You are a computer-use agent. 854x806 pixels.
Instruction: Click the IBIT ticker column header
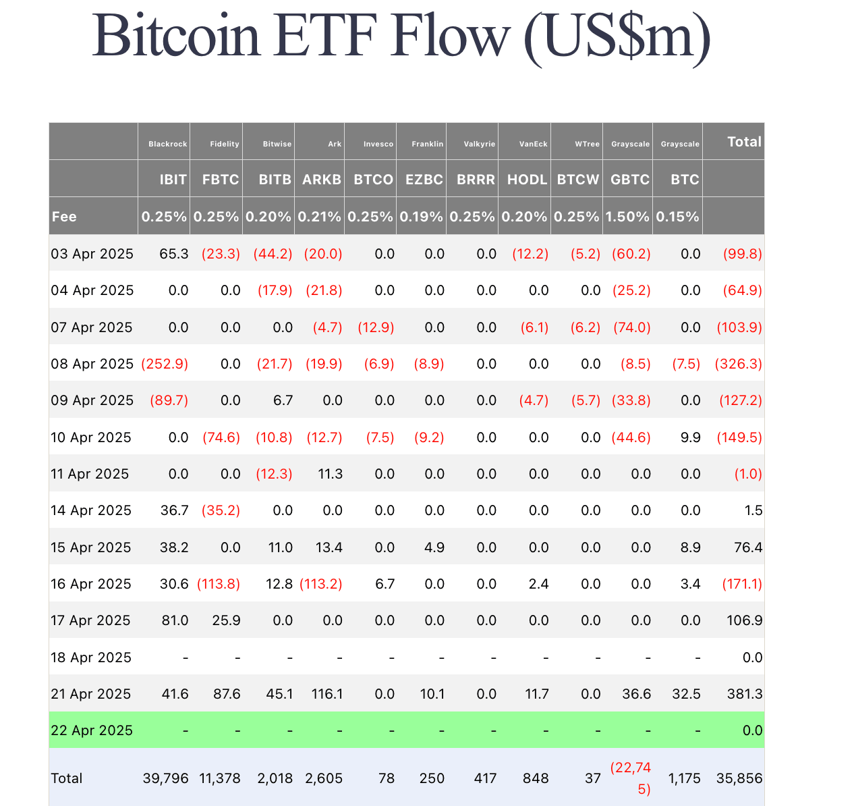[173, 180]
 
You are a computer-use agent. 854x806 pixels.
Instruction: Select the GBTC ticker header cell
[630, 180]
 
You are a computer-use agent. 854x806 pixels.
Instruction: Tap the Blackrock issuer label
[167, 144]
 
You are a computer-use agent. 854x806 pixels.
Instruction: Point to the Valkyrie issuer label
[479, 144]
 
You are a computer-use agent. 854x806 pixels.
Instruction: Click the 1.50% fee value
[627, 217]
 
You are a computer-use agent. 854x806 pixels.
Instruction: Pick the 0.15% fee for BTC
[677, 217]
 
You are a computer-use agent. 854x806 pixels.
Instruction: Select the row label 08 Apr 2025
[92, 364]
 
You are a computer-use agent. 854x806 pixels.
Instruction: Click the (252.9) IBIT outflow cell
[165, 364]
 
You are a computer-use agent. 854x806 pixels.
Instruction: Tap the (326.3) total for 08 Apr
[739, 364]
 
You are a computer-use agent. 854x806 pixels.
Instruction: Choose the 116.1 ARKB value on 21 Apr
[327, 694]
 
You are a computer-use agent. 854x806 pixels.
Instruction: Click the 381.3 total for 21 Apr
[744, 694]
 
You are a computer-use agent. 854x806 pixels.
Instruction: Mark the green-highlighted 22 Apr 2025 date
[92, 730]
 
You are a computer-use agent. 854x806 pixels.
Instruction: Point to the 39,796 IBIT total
[165, 778]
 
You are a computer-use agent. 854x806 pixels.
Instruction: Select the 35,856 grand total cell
[739, 778]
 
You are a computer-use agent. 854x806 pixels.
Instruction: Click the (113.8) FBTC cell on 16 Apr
[219, 584]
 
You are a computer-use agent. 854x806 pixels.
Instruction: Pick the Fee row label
[64, 217]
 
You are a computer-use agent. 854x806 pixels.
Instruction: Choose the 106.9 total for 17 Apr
[744, 620]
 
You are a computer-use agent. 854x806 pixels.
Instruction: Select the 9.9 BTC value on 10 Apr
[691, 437]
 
